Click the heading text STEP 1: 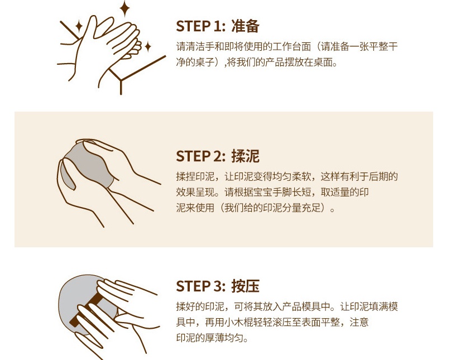[x=200, y=26]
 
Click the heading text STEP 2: [x=200, y=156]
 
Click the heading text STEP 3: [x=200, y=286]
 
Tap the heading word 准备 [x=245, y=26]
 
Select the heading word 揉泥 [x=245, y=156]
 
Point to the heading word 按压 [x=245, y=286]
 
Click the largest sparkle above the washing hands [x=124, y=8]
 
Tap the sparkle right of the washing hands [x=148, y=47]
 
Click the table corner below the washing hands [x=121, y=80]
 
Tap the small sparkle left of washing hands [x=79, y=26]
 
